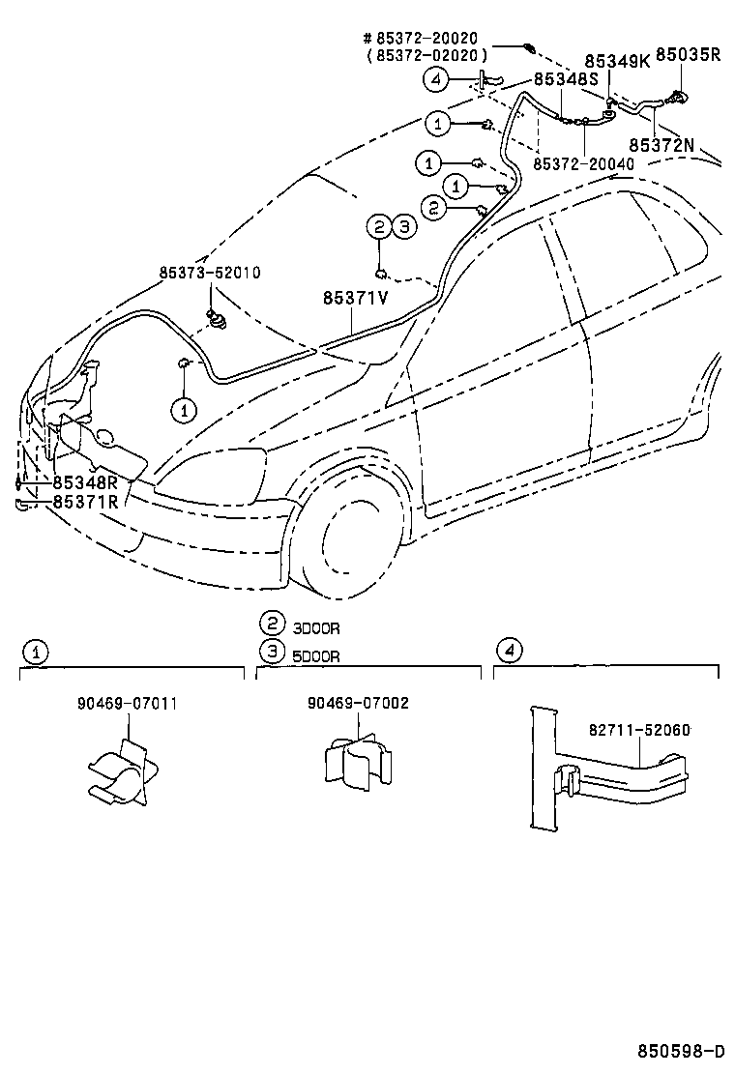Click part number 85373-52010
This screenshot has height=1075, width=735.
click(x=209, y=274)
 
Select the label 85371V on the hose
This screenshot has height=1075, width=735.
click(x=355, y=298)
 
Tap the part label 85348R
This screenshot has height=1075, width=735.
click(x=85, y=481)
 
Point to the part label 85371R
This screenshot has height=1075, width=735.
click(x=85, y=501)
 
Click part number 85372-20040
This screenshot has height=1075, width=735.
click(x=583, y=164)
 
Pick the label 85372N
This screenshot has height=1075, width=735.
click(x=661, y=144)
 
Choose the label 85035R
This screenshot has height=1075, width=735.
click(x=688, y=55)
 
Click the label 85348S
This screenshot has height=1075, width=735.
click(x=567, y=80)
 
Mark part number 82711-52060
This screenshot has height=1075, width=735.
click(x=639, y=731)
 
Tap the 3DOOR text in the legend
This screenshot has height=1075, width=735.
click(x=316, y=628)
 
